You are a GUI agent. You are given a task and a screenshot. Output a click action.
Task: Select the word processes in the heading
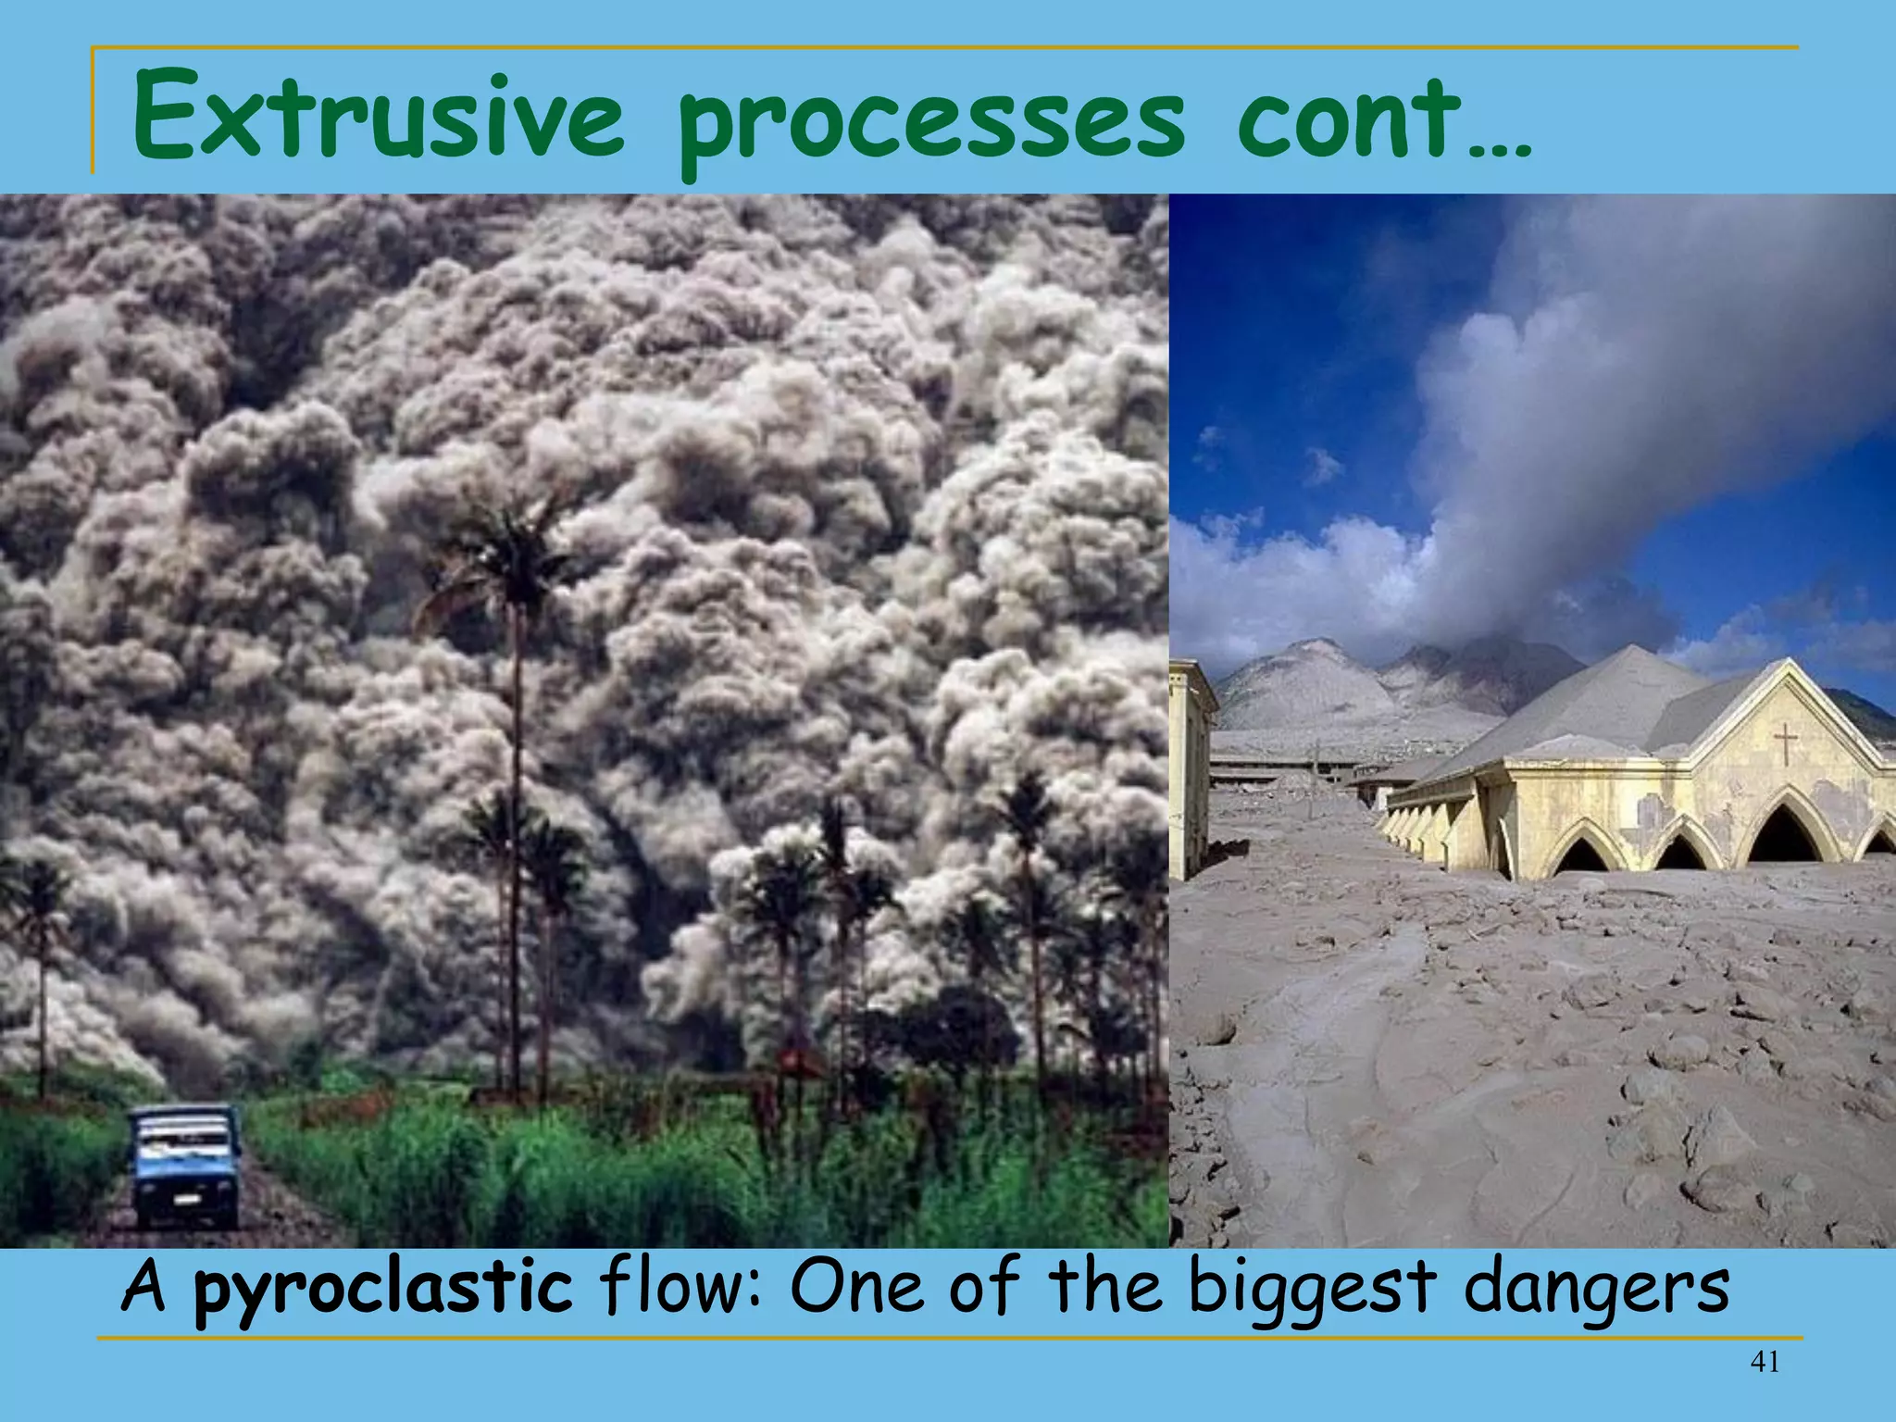point(930,125)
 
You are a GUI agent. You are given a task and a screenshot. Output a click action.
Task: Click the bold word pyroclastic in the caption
point(383,1289)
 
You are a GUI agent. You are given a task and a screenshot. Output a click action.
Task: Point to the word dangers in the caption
point(1596,1289)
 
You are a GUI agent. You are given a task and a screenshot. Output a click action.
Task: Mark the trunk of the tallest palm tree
point(517,833)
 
